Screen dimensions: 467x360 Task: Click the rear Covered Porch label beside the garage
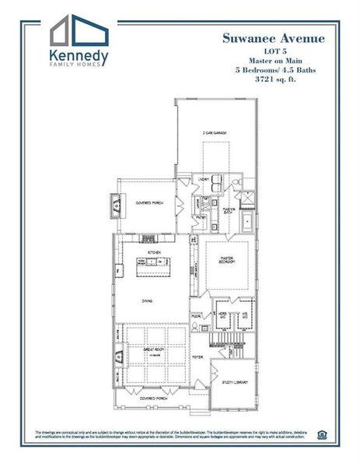point(149,203)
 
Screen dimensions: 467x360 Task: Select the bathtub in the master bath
point(247,223)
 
